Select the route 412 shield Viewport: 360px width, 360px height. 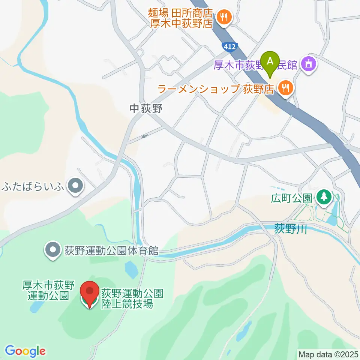point(229,47)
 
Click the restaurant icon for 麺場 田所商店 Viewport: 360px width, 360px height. point(224,17)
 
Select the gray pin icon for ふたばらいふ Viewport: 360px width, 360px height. point(76,186)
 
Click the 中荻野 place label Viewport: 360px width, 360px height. point(146,109)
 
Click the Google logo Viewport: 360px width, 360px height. point(25,351)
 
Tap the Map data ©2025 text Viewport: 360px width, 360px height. point(328,354)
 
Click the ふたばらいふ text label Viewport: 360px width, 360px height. point(34,186)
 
